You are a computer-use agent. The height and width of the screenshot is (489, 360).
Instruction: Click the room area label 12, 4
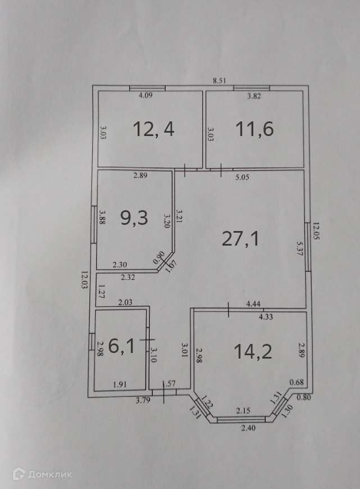[x=154, y=129]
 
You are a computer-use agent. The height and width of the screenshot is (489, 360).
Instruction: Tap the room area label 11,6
[x=255, y=129]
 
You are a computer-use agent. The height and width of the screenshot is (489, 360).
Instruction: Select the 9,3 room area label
[x=135, y=217]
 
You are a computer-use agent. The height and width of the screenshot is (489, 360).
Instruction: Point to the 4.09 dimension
[x=146, y=96]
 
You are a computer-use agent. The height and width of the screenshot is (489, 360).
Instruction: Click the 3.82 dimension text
[x=255, y=96]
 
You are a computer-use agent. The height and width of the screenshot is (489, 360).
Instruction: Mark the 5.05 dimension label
[x=241, y=177]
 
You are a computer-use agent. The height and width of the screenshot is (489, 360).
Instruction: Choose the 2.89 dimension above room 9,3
[x=140, y=176]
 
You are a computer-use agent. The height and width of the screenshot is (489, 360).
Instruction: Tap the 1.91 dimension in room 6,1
[x=119, y=385]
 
